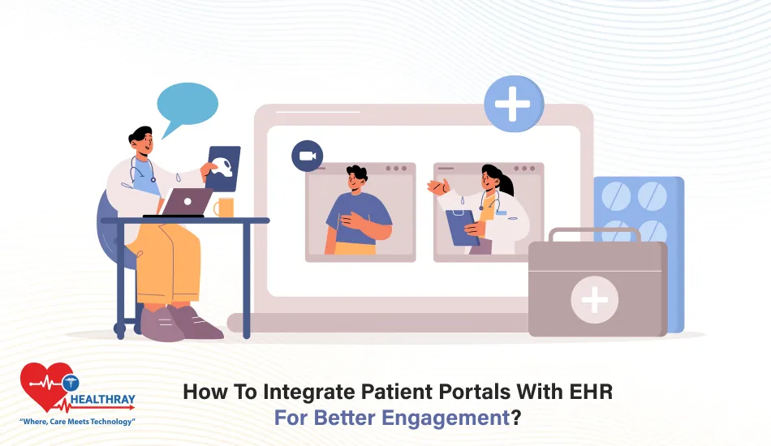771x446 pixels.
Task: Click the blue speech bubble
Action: [187, 105]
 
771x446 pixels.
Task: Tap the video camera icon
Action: [307, 155]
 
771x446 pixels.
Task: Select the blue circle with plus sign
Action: [513, 105]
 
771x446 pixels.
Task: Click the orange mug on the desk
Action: [223, 208]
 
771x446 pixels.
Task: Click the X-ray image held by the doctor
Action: [224, 168]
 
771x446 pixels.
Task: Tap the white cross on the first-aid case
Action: [594, 300]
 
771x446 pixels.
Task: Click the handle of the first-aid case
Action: [582, 234]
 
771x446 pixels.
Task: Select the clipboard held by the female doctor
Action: [463, 227]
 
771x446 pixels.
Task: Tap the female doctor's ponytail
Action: [507, 184]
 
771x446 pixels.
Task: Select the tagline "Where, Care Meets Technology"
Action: [77, 422]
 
